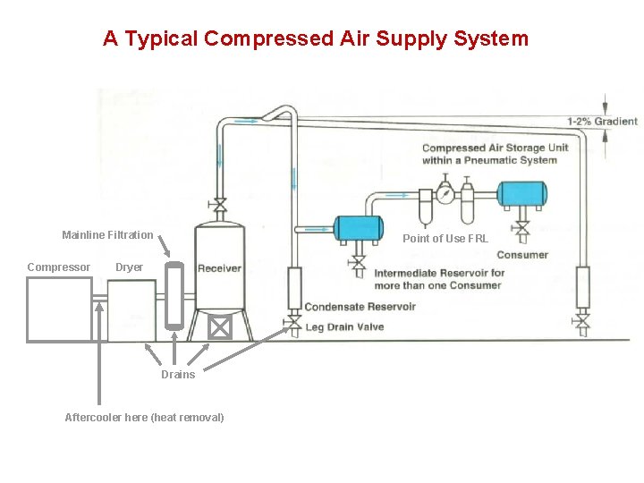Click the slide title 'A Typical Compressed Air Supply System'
pyautogui.click(x=315, y=39)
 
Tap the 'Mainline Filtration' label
pyautogui.click(x=107, y=235)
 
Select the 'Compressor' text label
pyautogui.click(x=58, y=267)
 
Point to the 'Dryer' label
pyautogui.click(x=129, y=267)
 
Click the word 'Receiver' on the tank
pyautogui.click(x=219, y=268)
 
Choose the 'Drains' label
pyautogui.click(x=178, y=375)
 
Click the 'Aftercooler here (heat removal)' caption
pyautogui.click(x=144, y=418)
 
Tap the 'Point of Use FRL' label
pyautogui.click(x=445, y=239)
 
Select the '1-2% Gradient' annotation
pyautogui.click(x=602, y=122)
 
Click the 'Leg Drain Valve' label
pyautogui.click(x=344, y=327)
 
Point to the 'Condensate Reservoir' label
pyautogui.click(x=360, y=307)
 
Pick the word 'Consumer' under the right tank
pyautogui.click(x=522, y=255)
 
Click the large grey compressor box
pyautogui.click(x=59, y=309)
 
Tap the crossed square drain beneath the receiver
pyautogui.click(x=219, y=328)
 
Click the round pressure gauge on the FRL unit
pyautogui.click(x=445, y=192)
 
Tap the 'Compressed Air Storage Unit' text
pyautogui.click(x=495, y=148)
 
